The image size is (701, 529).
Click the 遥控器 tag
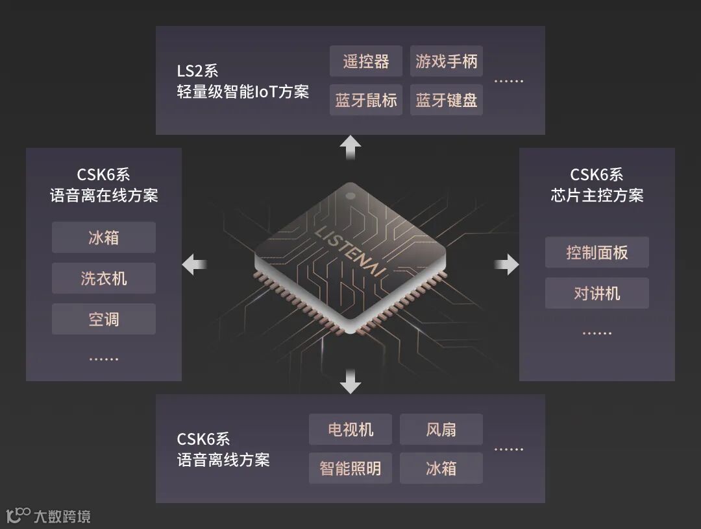point(366,62)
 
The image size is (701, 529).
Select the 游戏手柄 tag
point(447,62)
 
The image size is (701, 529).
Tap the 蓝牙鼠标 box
point(366,100)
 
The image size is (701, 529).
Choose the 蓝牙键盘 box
point(447,100)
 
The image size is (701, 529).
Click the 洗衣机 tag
point(104,279)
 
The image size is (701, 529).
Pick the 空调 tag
point(104,319)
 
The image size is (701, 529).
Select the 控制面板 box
point(597,252)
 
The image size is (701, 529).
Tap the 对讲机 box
point(597,293)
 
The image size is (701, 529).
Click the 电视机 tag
point(350,429)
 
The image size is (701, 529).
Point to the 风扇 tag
point(441,429)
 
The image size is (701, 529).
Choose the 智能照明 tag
point(350,468)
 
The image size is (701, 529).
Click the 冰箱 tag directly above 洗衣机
point(104,237)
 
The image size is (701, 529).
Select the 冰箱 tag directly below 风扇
point(441,468)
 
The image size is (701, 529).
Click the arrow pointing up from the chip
point(350,147)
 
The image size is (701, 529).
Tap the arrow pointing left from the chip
point(194,264)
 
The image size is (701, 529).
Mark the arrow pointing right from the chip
point(507,264)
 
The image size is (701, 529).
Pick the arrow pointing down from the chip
point(350,381)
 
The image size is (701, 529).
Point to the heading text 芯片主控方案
point(597,195)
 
